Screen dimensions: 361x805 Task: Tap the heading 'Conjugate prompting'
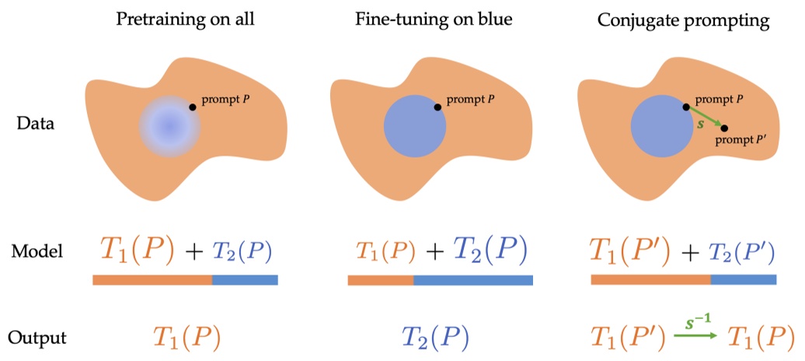pyautogui.click(x=683, y=20)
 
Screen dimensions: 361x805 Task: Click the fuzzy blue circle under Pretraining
pyautogui.click(x=169, y=125)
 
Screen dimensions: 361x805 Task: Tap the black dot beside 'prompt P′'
pyautogui.click(x=723, y=128)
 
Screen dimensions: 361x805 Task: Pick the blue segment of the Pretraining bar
pyautogui.click(x=244, y=279)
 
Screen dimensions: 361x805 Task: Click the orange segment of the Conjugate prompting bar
pyautogui.click(x=650, y=279)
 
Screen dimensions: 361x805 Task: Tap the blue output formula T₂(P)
pyautogui.click(x=435, y=337)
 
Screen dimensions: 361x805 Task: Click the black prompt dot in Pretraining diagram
pyautogui.click(x=193, y=107)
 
